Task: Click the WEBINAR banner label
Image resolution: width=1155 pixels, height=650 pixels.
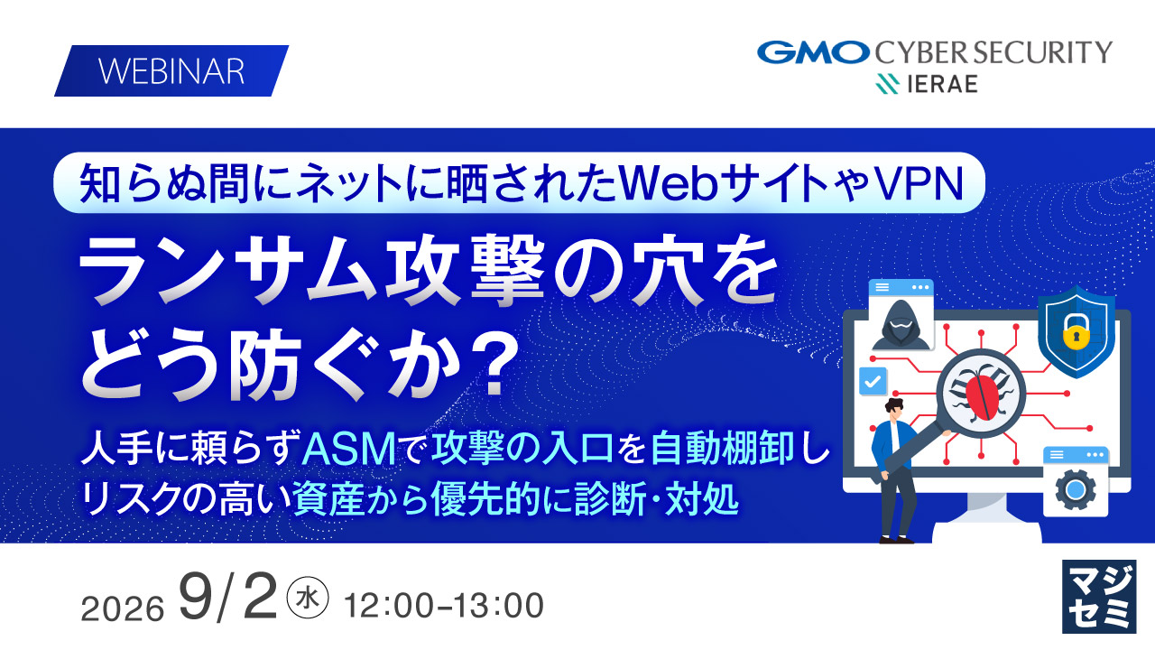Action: [171, 70]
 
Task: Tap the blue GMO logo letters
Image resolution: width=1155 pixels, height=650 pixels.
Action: [813, 52]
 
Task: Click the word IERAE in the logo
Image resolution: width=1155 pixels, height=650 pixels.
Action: [942, 84]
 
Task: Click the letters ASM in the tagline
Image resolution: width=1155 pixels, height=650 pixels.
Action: [348, 450]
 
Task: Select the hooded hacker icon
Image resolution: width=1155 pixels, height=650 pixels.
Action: [901, 325]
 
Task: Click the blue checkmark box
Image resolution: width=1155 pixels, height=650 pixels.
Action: [873, 381]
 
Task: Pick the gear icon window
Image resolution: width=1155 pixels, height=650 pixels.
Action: [1075, 482]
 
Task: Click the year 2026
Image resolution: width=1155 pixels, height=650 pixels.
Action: [123, 608]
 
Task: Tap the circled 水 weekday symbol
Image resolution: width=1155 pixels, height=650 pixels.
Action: [308, 598]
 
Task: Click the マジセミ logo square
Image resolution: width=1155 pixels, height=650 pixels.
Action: [1099, 597]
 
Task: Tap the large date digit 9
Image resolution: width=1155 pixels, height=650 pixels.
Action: [196, 597]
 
